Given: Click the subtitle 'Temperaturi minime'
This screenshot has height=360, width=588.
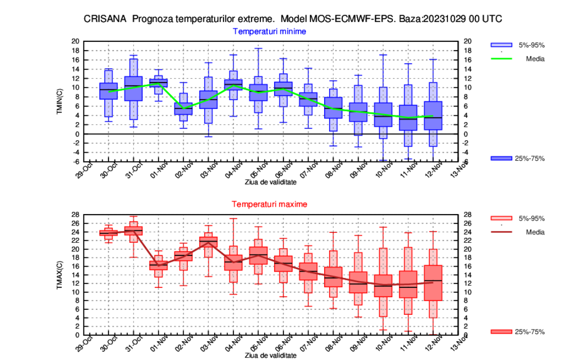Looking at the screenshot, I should click(269, 31).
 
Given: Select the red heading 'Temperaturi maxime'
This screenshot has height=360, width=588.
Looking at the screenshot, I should click(269, 203).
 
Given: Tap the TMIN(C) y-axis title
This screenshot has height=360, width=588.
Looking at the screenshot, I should click(60, 101).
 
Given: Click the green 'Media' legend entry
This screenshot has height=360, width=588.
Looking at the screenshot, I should click(535, 58).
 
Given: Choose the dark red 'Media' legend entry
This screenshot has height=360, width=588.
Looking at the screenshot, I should click(535, 232).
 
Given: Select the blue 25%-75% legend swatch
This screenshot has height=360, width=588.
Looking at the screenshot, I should click(501, 158).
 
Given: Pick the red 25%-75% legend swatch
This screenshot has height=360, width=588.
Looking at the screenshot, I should click(501, 332).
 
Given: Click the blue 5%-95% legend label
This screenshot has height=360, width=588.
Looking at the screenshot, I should click(532, 45).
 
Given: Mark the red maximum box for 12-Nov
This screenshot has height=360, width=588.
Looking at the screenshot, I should click(432, 283).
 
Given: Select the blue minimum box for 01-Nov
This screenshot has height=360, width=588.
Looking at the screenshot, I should click(158, 83).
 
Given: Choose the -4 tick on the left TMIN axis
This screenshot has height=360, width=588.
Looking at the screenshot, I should click(76, 152).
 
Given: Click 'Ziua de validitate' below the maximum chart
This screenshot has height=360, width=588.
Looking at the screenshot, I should click(270, 355).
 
